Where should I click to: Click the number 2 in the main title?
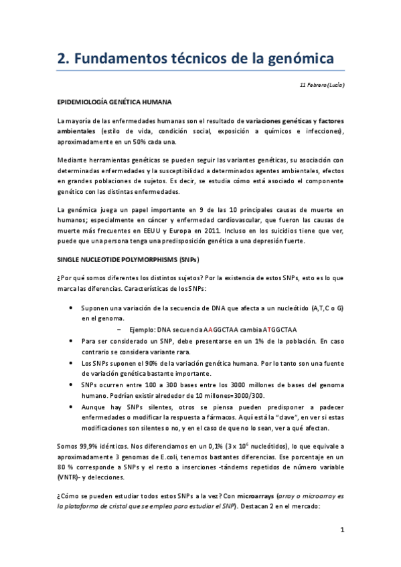(x=62, y=60)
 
